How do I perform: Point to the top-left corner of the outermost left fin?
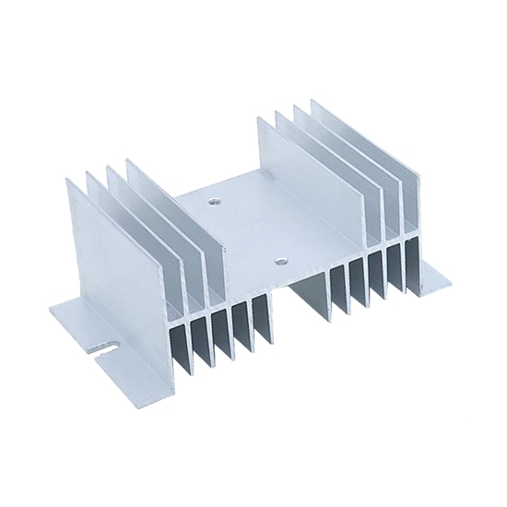click(x=68, y=181)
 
